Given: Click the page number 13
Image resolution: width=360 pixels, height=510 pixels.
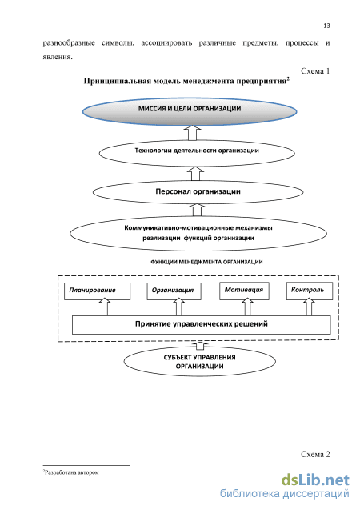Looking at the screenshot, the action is point(326,26).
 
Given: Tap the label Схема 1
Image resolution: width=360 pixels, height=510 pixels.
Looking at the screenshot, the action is point(315,71).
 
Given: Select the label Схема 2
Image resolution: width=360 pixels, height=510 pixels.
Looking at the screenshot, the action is point(315,454).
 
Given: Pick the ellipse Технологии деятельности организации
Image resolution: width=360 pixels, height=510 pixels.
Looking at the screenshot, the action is point(197,153).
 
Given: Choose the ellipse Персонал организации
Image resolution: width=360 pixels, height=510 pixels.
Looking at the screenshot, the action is point(198,192).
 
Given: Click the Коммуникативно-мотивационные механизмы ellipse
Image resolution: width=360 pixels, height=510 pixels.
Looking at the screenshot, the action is point(198,233).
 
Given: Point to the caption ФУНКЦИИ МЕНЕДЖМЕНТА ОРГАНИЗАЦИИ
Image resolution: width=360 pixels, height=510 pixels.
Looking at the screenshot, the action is point(206,262).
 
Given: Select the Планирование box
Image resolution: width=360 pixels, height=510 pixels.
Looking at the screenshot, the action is point(97,291).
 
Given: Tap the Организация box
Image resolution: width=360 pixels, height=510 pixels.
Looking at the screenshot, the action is point(174,291).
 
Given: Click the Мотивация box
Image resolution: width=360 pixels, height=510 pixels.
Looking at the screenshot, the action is point(244,291).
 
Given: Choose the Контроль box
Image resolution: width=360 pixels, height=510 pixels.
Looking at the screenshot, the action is point(310,291).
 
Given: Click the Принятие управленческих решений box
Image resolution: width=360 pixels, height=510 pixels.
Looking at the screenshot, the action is point(201,324).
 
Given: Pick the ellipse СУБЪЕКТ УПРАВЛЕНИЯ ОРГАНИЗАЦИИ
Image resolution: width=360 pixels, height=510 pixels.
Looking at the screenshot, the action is point(200,362).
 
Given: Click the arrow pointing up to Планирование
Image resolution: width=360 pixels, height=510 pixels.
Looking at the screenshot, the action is point(105,307).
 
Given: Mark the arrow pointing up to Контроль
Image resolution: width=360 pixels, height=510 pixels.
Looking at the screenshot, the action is point(309,307).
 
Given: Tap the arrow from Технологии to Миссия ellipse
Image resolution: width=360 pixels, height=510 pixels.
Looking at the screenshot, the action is point(192,133).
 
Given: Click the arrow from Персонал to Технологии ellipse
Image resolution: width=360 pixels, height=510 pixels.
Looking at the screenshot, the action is point(195,173).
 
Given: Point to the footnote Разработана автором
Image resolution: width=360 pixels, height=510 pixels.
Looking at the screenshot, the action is point(71,472).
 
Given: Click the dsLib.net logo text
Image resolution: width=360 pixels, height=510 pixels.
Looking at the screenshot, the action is point(315,480).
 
